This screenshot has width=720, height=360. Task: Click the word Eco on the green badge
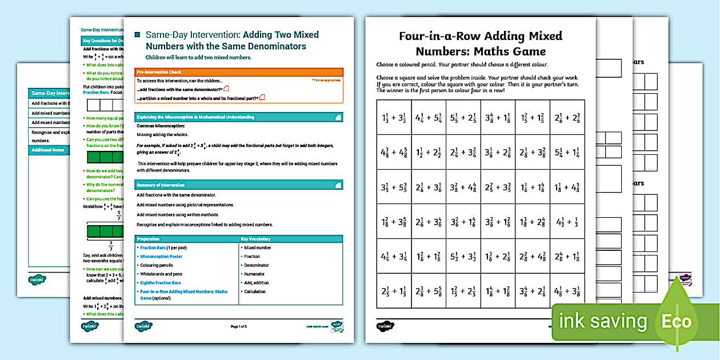coord(677,321)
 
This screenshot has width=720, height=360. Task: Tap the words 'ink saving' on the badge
coord(603,321)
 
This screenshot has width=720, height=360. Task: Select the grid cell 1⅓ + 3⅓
coord(394,118)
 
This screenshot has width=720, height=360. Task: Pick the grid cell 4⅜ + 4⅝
coord(394,153)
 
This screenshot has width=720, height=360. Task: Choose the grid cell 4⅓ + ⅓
coord(567,222)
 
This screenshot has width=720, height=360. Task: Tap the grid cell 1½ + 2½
coord(429,153)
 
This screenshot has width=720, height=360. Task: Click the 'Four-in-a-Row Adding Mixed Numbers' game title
coord(480,43)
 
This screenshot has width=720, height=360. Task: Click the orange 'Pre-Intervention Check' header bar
coord(239,72)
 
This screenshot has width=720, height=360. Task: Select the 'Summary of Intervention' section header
coord(239,185)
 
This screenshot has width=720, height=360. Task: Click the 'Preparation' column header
coord(186,239)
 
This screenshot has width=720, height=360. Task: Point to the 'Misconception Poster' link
coord(161,257)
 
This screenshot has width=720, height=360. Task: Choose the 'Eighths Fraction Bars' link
coord(161,283)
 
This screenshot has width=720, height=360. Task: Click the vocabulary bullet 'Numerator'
coord(254,274)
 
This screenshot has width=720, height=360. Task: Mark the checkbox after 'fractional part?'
coord(262,98)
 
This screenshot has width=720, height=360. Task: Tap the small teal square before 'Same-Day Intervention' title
coord(137,35)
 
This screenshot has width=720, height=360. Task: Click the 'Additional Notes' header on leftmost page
coord(49,150)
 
